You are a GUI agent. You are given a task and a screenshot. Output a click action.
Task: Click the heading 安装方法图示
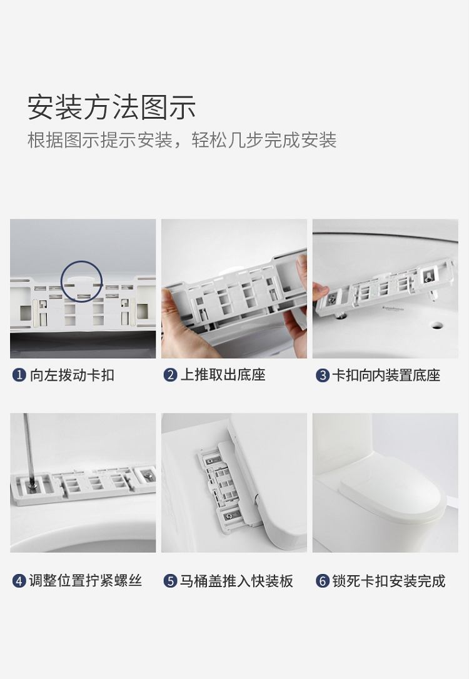click(111, 107)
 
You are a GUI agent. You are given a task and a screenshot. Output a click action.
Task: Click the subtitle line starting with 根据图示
click(182, 140)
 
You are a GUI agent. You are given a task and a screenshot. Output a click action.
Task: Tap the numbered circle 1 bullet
click(19, 375)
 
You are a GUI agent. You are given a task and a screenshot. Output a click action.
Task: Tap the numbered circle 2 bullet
click(170, 375)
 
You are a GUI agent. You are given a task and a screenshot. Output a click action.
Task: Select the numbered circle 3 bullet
click(322, 375)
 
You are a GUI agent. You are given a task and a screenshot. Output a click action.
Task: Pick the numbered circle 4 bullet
click(19, 581)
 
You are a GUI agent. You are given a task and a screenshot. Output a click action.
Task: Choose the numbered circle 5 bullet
click(170, 581)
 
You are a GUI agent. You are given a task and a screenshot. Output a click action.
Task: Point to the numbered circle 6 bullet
click(322, 581)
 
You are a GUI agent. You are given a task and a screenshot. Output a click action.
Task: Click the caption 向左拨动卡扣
click(72, 375)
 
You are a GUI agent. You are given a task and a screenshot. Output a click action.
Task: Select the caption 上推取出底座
click(223, 375)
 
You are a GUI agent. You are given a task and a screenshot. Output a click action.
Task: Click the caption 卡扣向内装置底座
click(386, 375)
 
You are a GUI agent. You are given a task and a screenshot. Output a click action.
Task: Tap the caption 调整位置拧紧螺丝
click(85, 581)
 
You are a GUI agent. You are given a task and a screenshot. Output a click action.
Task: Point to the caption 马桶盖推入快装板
click(236, 581)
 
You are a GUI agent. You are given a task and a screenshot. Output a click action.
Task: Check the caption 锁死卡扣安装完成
click(389, 581)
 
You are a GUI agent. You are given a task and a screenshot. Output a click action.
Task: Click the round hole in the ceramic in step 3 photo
click(436, 324)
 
